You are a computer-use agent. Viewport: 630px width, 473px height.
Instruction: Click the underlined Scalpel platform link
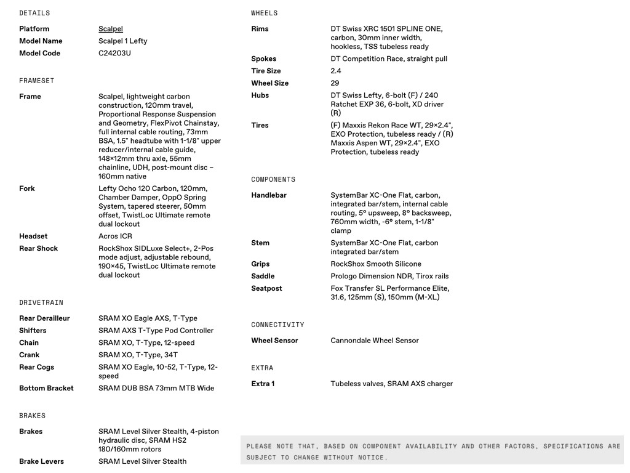point(111,29)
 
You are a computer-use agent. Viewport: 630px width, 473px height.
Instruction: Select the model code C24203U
point(114,53)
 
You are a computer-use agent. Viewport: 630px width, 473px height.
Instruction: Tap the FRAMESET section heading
point(36,81)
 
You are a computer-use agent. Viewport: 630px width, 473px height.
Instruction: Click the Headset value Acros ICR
point(115,236)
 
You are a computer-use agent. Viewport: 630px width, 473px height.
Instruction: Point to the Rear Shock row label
point(38,249)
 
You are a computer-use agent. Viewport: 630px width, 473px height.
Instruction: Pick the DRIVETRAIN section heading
point(41,302)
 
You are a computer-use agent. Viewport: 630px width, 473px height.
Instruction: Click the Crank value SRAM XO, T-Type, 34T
point(138,355)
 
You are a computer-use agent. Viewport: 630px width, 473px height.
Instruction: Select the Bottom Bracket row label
point(46,388)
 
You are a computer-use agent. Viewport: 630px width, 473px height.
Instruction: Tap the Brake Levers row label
point(41,461)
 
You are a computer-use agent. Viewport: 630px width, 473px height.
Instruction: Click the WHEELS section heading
point(265,13)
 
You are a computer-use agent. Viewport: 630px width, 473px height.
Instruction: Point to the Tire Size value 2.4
point(336,71)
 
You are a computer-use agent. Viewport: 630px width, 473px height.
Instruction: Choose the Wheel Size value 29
point(335,83)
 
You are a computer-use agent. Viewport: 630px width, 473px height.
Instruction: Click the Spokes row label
point(264,59)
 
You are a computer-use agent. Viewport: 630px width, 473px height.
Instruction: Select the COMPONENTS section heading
point(273,179)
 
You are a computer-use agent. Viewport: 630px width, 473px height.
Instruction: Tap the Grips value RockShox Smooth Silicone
point(376,264)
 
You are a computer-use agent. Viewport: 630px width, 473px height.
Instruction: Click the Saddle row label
point(263,277)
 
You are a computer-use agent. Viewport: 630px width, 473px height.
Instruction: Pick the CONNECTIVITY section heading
point(277,325)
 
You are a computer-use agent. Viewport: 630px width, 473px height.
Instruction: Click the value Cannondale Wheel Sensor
point(375,341)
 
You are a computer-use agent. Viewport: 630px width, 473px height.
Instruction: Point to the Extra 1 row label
point(263,384)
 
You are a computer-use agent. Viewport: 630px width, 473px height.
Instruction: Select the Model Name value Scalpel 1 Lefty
point(123,41)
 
